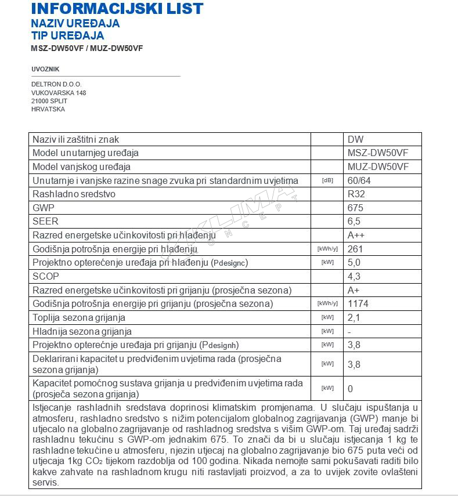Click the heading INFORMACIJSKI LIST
(117, 9)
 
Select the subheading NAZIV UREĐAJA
(75, 23)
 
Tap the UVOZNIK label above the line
(45, 69)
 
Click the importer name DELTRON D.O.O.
(56, 84)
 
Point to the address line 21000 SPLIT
(49, 101)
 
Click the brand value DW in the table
(355, 139)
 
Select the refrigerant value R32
(356, 194)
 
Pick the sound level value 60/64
(359, 180)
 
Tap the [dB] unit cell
(327, 180)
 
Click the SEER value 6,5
(354, 222)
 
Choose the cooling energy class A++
(356, 235)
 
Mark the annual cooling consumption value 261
(355, 249)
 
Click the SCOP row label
(46, 276)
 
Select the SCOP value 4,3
(354, 276)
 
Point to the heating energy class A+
(354, 290)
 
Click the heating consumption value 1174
(358, 303)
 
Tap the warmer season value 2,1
(354, 317)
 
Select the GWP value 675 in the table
(355, 208)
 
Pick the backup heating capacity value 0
(350, 389)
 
